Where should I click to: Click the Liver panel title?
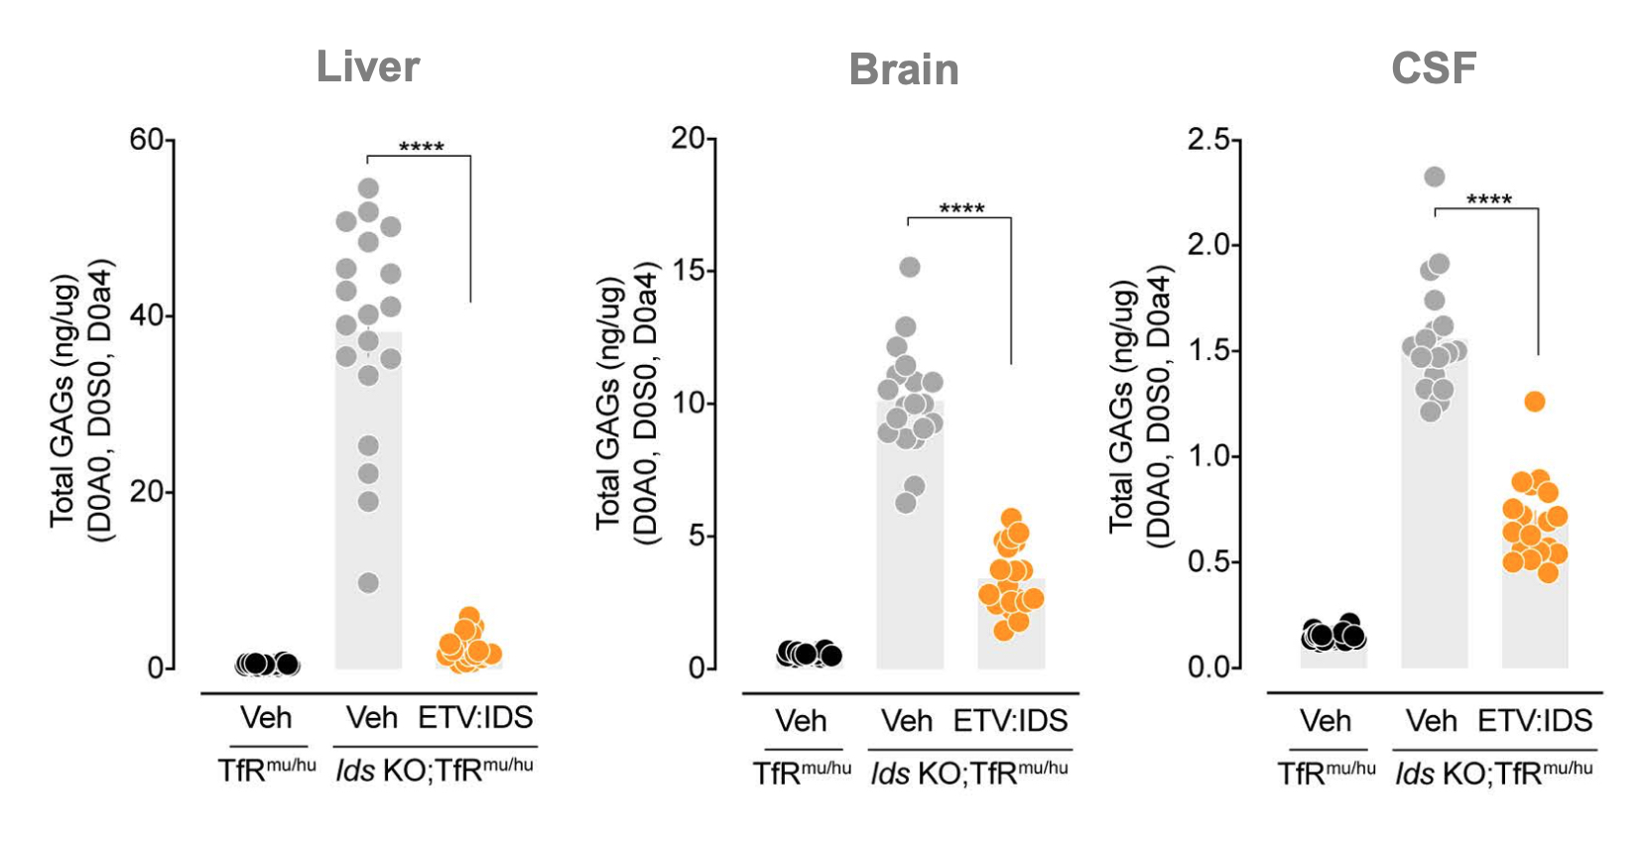point(368,67)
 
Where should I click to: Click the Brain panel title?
point(904,69)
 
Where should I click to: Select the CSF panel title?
point(1434,67)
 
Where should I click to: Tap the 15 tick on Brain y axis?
point(690,270)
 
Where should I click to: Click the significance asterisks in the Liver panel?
point(421,148)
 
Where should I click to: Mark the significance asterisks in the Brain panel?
point(961,209)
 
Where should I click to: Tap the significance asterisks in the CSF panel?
point(1489,200)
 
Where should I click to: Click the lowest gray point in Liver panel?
point(368,582)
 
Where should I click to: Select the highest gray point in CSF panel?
point(1435,177)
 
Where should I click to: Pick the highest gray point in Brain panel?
point(910,267)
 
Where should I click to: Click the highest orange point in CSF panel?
point(1535,402)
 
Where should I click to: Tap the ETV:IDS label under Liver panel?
point(475,717)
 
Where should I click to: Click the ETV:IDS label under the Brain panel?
point(1010,721)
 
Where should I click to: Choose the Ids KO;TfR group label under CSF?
point(1493,773)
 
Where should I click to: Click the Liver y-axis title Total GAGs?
point(64,402)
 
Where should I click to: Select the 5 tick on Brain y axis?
point(697,536)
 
